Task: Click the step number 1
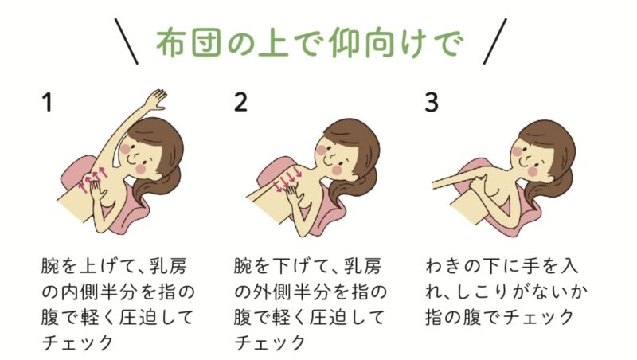point(48,102)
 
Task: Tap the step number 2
point(240,102)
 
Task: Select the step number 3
point(432,102)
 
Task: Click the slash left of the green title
point(126,41)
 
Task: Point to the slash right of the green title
point(495,41)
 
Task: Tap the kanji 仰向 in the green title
point(364,43)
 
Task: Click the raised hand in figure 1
point(156,99)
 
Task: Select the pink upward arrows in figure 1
point(93,178)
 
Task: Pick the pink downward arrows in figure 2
point(288,178)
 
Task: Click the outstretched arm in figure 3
point(457,181)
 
